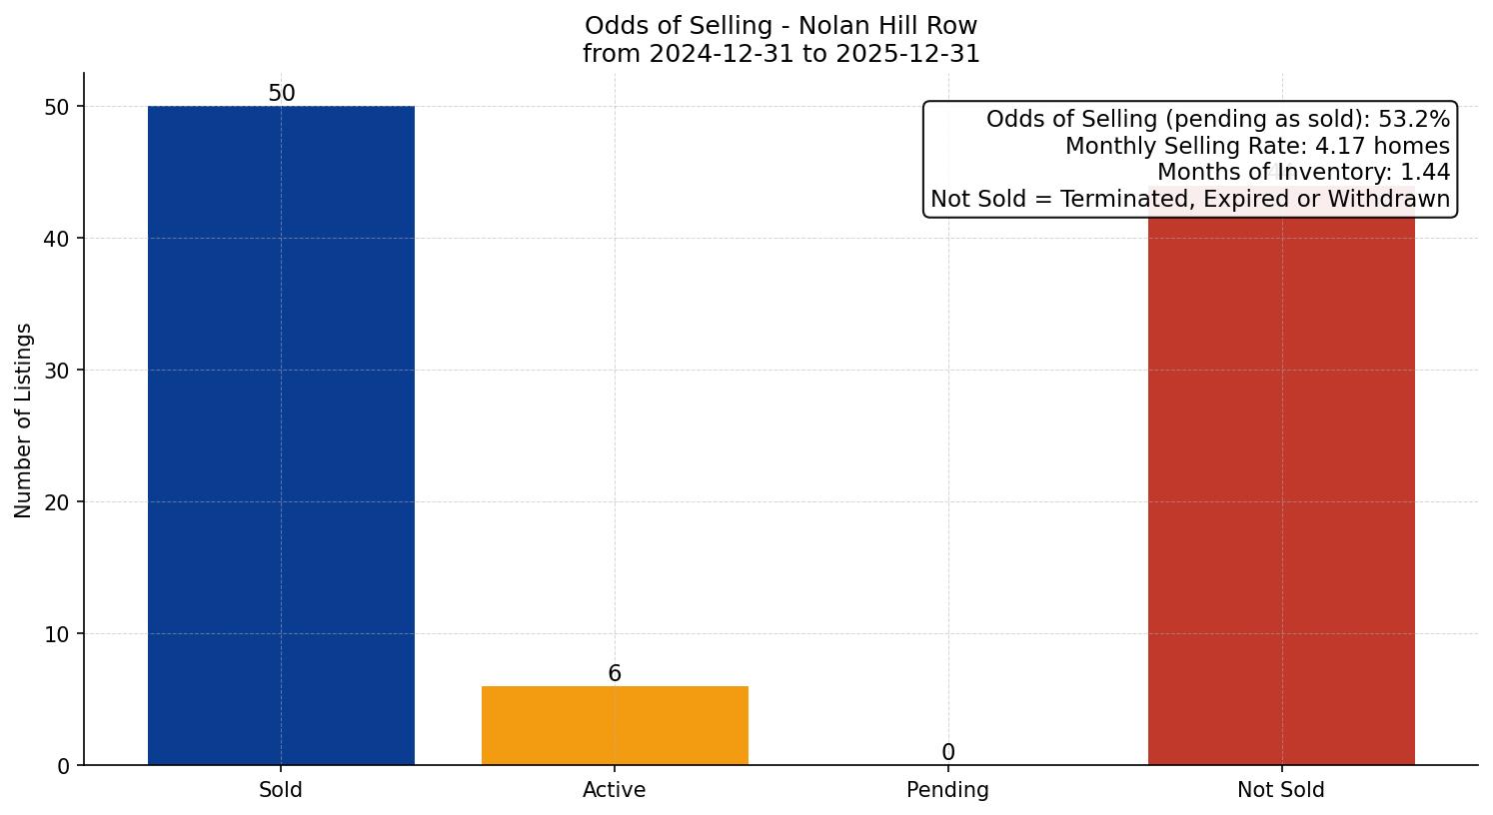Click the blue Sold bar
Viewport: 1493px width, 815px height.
tap(281, 434)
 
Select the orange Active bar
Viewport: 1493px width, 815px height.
tap(615, 725)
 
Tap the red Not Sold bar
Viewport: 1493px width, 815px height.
tap(1281, 489)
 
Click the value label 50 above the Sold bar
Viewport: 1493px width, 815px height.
tap(282, 93)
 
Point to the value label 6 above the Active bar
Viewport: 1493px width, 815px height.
tap(615, 673)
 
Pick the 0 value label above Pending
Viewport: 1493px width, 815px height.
tap(947, 752)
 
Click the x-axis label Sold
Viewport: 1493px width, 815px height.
tap(281, 790)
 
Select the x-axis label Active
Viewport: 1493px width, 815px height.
tap(615, 790)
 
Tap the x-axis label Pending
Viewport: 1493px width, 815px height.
tap(947, 790)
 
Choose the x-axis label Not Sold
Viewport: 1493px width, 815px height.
tap(1281, 790)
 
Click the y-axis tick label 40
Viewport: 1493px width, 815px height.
tap(57, 239)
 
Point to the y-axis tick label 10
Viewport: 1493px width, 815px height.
tap(57, 634)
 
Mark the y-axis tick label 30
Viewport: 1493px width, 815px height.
tap(57, 371)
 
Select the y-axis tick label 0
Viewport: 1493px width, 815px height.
tap(64, 766)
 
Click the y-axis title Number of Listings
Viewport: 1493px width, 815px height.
tap(24, 419)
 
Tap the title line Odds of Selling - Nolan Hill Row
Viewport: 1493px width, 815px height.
tap(780, 26)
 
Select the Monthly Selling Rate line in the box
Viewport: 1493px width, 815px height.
tap(1256, 146)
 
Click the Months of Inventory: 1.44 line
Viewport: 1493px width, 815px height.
tap(1303, 173)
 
